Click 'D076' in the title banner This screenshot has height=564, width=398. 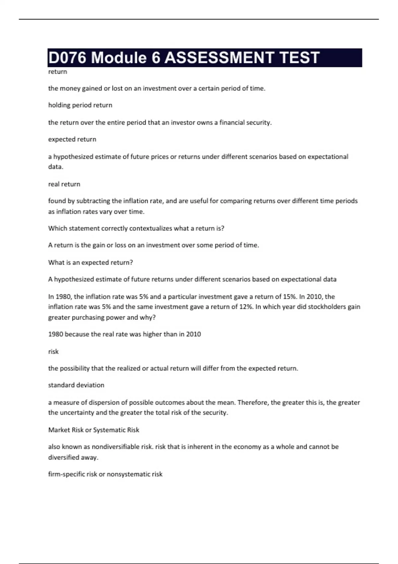pos(68,58)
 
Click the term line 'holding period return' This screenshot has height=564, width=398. pos(80,105)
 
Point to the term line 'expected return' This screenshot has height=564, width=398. pos(72,139)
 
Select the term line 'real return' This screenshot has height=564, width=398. pos(64,184)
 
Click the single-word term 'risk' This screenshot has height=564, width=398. pos(53,352)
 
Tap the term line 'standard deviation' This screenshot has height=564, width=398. pos(76,385)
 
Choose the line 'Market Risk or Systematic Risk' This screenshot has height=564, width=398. pos(94,430)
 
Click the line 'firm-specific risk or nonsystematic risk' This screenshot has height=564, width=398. pos(105,474)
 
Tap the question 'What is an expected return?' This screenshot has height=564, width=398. pos(90,262)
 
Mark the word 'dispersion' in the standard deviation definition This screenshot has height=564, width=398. pos(104,402)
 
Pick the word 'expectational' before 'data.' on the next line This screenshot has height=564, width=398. pos(328,157)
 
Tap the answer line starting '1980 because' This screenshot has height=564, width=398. pos(124,334)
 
